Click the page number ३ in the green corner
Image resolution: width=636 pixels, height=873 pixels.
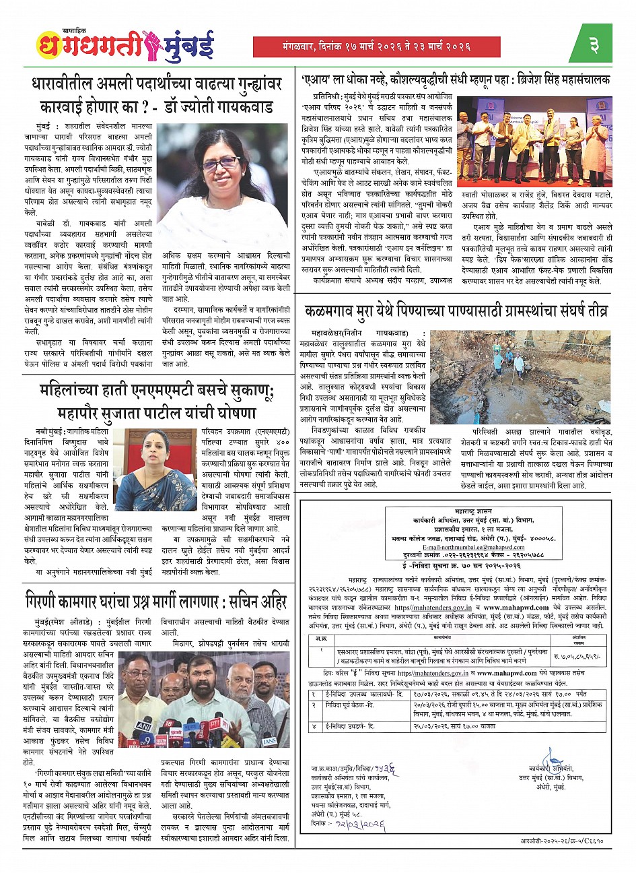coord(594,45)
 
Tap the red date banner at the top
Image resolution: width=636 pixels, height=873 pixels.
coord(376,46)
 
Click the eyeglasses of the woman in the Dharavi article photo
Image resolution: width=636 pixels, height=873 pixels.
coord(220,162)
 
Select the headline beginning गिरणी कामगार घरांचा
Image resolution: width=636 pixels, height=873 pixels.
coord(156,602)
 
